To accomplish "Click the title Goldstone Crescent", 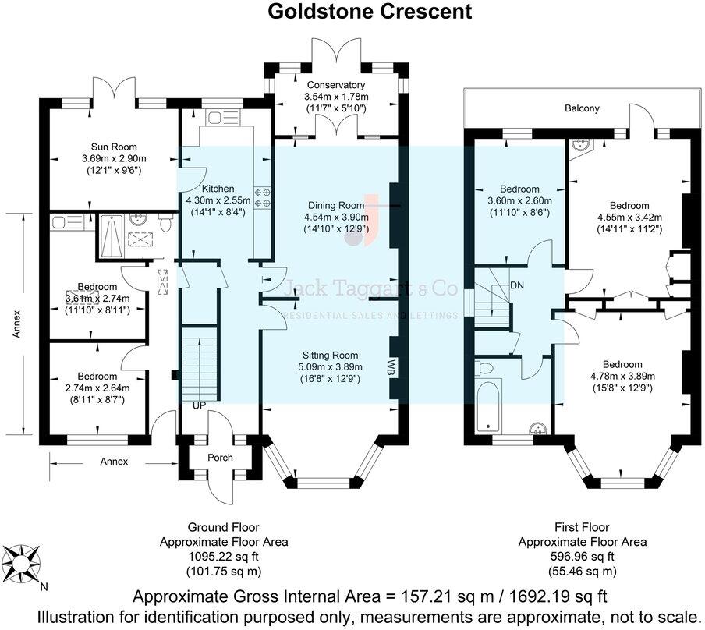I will click(370, 12).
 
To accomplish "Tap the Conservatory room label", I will click(335, 85).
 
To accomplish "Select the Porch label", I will click(220, 457).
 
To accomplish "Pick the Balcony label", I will click(583, 108).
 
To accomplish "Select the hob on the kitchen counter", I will click(262, 196).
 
